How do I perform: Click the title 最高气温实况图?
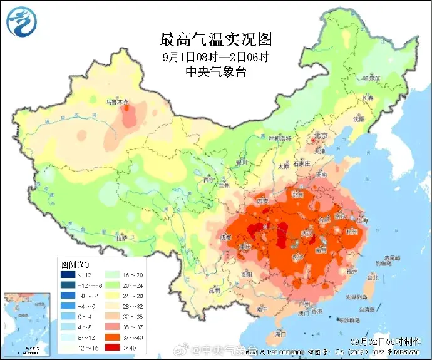(x=216, y=40)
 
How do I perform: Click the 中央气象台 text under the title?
(x=216, y=72)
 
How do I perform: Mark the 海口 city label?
(x=280, y=334)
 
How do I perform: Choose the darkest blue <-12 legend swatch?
(x=67, y=275)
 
